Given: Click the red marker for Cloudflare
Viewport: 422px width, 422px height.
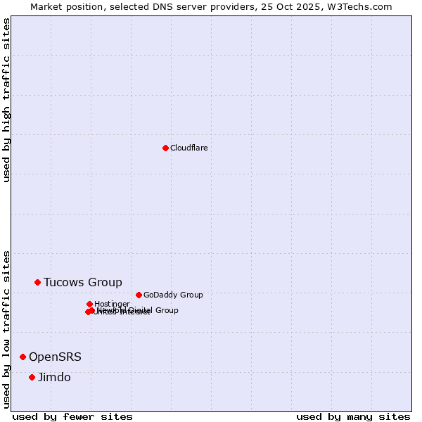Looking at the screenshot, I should tap(165, 148).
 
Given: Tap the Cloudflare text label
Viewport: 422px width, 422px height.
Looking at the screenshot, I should tap(188, 148).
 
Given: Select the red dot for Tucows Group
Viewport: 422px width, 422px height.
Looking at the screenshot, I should tap(38, 282).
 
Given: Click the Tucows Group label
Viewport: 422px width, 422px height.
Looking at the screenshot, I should tap(82, 282).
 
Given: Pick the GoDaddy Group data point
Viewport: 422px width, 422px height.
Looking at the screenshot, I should tap(139, 295).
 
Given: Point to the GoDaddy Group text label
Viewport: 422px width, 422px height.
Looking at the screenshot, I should tap(172, 295).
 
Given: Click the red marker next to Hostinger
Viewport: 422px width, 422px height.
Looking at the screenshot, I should tap(89, 304).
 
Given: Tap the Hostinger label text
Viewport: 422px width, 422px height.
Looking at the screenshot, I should tap(112, 304).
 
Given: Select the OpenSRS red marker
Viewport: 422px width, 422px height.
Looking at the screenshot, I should tap(23, 357).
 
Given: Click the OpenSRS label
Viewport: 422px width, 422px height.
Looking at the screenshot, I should tap(55, 357).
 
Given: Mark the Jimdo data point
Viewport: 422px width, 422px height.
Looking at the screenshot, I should tap(32, 377).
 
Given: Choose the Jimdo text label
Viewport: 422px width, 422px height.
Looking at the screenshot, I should tap(54, 377).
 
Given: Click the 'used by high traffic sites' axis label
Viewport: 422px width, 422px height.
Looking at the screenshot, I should tap(6, 100).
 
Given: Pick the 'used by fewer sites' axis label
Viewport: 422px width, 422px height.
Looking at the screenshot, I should tap(72, 416).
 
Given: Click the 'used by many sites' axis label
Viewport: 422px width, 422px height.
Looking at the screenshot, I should tap(353, 416).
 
